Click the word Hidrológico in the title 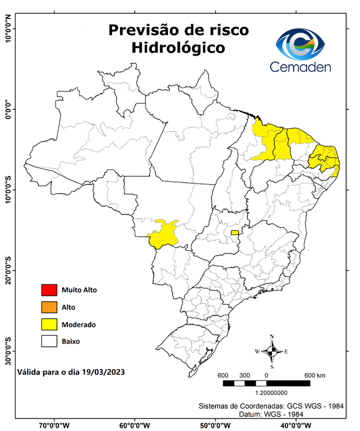178,48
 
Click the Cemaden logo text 301,67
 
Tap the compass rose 272,351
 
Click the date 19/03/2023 101,372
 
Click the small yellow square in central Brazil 234,232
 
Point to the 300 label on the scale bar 244,375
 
